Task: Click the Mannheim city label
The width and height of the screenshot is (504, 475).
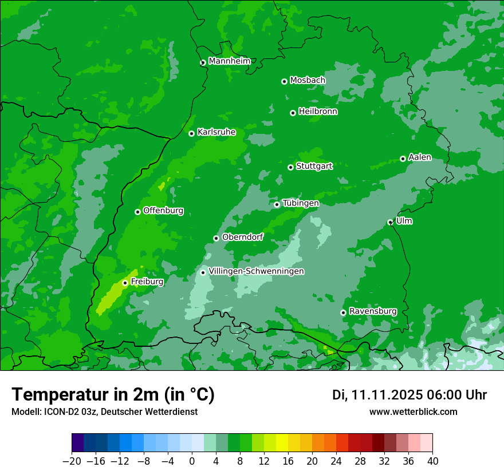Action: pos(229,61)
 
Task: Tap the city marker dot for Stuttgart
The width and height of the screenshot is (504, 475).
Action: pos(290,167)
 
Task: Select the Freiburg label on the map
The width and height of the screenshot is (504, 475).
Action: pos(147,282)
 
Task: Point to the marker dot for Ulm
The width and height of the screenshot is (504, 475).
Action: pos(390,222)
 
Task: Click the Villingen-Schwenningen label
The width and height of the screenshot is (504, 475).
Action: pos(256,271)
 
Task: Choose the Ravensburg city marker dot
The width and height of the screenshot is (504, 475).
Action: pos(343,312)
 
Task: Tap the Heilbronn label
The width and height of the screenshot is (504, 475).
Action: pos(318,112)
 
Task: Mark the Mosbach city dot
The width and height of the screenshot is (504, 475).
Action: pos(284,81)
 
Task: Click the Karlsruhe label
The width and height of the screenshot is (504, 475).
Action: pos(216,132)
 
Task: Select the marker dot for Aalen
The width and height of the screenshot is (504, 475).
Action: pos(403,159)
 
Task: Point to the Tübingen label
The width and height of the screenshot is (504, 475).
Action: pos(301,203)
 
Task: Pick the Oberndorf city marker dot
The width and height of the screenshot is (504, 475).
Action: pos(216,238)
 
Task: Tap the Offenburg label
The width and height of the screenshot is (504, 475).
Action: pos(163,211)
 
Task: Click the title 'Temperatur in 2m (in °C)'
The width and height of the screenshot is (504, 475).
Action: pos(113,394)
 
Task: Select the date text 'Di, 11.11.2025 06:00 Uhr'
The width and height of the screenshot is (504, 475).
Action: pos(409,395)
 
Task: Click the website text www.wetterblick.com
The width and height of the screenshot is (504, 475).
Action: pos(413,411)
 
